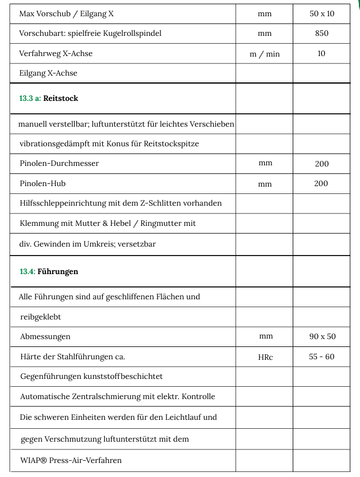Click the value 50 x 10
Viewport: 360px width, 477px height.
click(321, 13)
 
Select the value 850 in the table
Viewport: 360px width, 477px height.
click(321, 34)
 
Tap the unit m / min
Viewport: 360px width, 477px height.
click(265, 54)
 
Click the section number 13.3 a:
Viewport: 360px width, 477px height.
click(30, 99)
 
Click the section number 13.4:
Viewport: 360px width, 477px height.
click(27, 272)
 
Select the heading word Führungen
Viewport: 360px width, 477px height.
click(58, 272)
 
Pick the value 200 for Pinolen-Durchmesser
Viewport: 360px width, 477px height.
click(321, 164)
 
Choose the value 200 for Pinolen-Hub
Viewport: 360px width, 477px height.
click(321, 184)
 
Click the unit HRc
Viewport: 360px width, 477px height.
click(265, 357)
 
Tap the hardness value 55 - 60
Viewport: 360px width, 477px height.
click(321, 356)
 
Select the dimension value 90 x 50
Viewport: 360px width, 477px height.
click(322, 336)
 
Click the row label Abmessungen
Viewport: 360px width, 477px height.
click(45, 337)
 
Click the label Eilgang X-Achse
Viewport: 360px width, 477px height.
click(48, 73)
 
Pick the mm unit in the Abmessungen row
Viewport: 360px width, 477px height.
click(265, 336)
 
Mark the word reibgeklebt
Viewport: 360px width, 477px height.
click(41, 317)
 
